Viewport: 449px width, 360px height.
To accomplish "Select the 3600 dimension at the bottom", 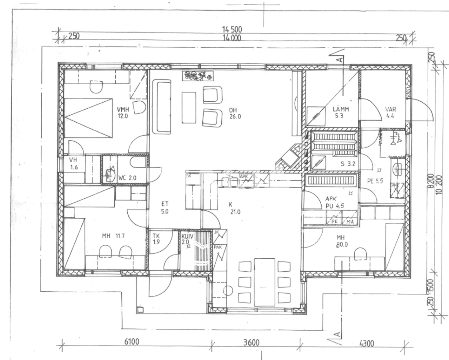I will (251, 342).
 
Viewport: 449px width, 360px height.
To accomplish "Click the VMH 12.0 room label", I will (123, 113).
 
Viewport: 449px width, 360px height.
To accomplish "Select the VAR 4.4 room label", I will (390, 113).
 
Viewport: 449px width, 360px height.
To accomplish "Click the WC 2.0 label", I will (127, 178).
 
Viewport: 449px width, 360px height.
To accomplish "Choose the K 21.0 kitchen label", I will (234, 208).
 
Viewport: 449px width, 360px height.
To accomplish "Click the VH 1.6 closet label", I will (73, 164).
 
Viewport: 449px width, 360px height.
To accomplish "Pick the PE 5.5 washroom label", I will (375, 182).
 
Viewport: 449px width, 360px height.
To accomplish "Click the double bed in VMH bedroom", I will (88, 118).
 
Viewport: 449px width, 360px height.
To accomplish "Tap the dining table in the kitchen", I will (265, 282).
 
